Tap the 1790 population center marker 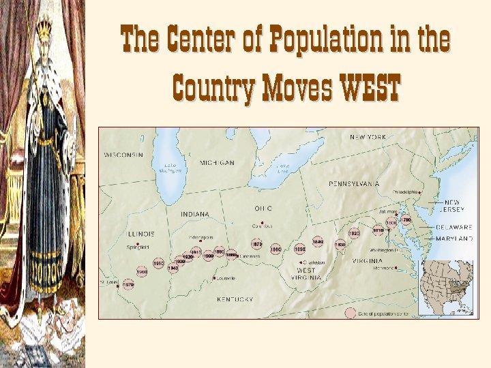coord(406,220)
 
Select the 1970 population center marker coord(128,285)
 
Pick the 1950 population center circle coord(158,263)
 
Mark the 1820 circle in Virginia coord(354,233)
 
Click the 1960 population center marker coord(142,272)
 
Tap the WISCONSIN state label coord(124,155)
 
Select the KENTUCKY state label coord(235,299)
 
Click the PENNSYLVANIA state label coord(354,184)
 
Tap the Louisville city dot coord(214,278)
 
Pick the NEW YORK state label coord(368,137)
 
